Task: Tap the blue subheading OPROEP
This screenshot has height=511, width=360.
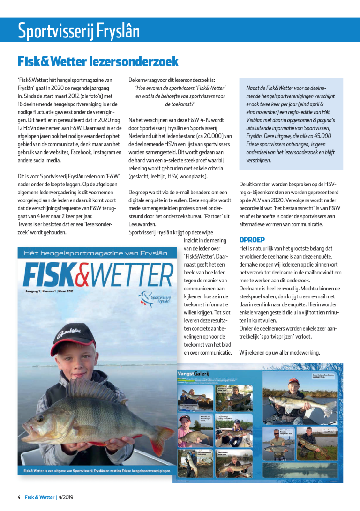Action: (x=252, y=240)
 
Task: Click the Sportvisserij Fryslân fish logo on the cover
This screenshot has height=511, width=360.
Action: (x=151, y=296)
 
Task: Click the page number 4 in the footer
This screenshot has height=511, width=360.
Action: (x=19, y=497)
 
